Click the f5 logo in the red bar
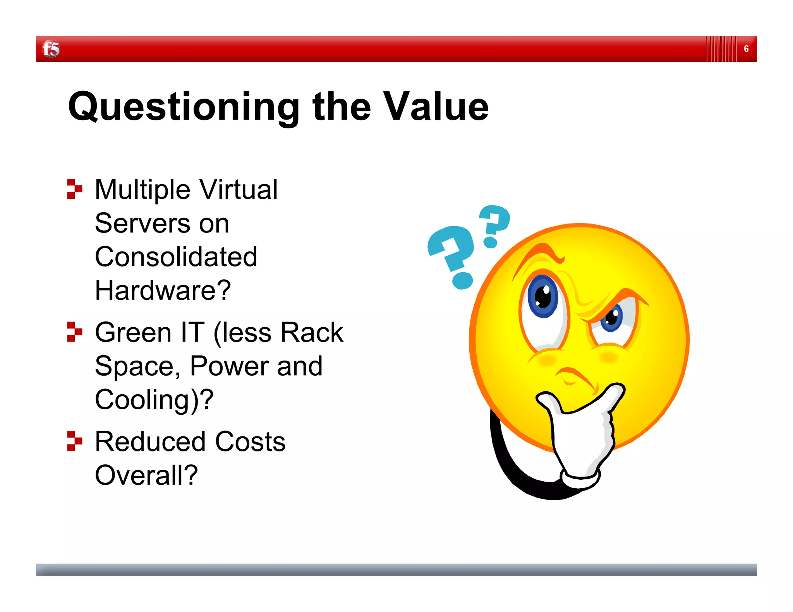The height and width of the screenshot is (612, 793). click(x=51, y=49)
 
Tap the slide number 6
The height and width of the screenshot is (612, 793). click(x=746, y=49)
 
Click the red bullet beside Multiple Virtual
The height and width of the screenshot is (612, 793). click(x=74, y=189)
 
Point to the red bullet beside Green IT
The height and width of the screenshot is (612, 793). click(x=74, y=332)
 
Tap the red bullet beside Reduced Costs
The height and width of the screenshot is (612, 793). click(x=74, y=441)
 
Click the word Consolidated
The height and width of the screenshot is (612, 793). click(x=176, y=257)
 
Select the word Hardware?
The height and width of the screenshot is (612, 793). click(x=163, y=291)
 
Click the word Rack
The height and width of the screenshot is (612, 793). click(x=312, y=332)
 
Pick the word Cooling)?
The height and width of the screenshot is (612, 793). click(x=154, y=400)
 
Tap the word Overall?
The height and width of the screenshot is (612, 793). click(x=146, y=475)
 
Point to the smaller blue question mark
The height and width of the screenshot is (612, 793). click(x=494, y=224)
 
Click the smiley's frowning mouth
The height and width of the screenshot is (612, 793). click(x=575, y=377)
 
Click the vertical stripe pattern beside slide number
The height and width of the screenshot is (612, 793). click(x=721, y=49)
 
